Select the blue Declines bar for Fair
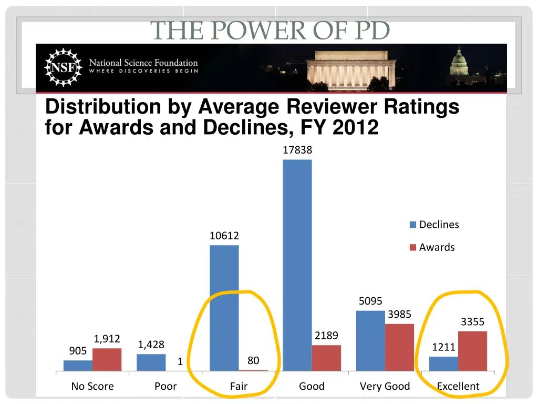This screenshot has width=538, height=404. point(224,308)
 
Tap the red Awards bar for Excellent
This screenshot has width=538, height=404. point(472,351)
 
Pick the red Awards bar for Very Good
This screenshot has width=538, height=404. point(399,347)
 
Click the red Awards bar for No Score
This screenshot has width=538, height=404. point(107,359)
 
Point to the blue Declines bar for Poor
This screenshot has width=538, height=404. point(151,362)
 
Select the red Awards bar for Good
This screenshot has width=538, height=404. point(326,358)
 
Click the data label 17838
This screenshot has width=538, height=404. point(297,150)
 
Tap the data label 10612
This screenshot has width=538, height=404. point(224,236)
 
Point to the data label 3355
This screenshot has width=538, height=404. point(472,322)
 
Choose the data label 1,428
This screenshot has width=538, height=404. point(151,345)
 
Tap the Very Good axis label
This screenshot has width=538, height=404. point(385,386)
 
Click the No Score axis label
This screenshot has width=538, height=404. point(92,386)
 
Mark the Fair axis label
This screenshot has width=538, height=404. point(239,386)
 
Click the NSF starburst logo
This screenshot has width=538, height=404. point(63,67)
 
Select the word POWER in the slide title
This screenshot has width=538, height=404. point(247,31)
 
